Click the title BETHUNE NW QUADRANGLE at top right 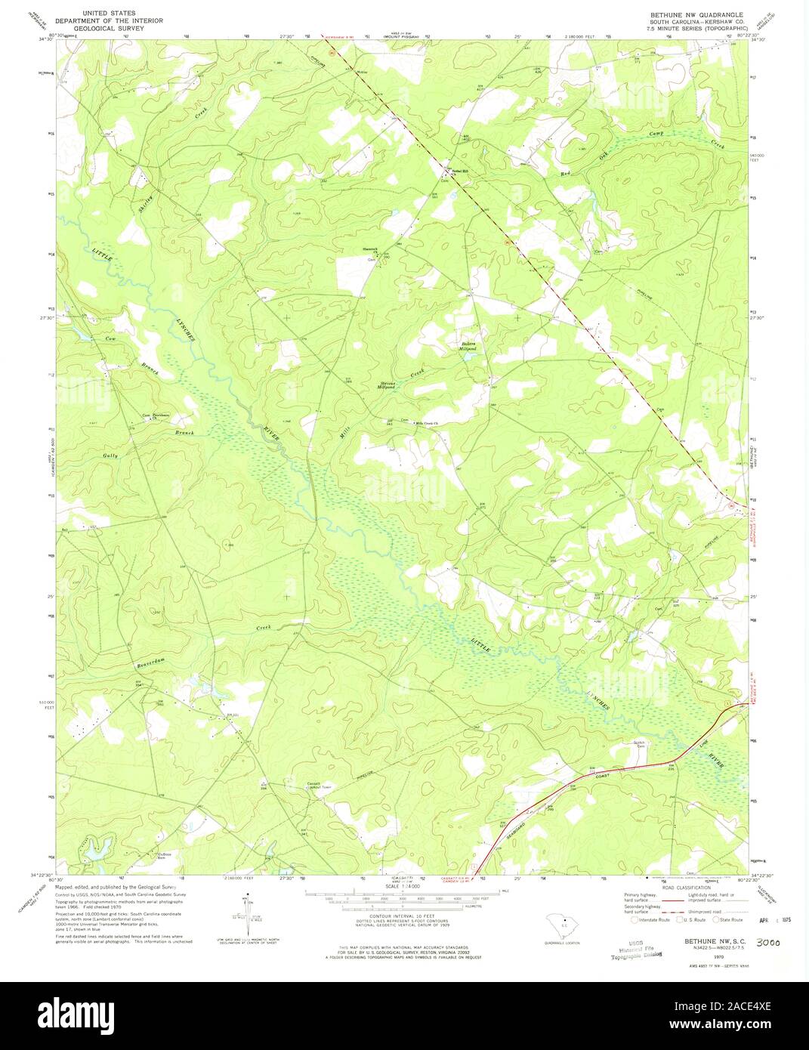tap(691, 14)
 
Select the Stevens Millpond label tap(388, 387)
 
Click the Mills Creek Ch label tap(428, 423)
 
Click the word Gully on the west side tap(111, 456)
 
